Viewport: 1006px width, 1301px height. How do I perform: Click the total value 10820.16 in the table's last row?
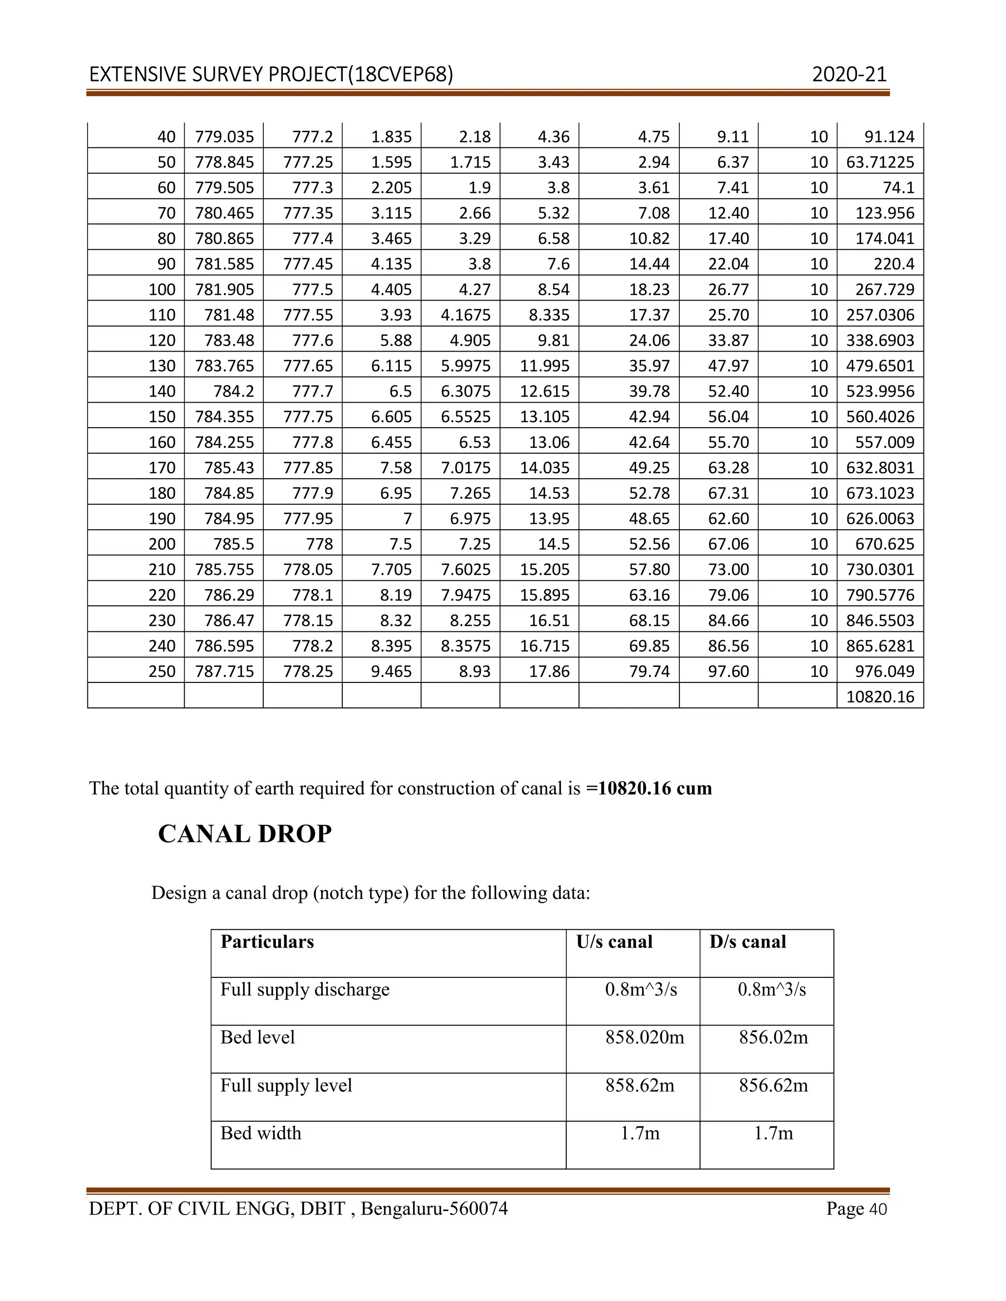[880, 696]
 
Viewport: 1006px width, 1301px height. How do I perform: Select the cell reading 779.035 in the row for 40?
[224, 137]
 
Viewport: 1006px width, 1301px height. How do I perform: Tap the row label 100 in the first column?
[162, 290]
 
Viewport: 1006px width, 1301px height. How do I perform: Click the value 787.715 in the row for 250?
[224, 671]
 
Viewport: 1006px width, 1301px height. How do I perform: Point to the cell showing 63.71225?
[880, 162]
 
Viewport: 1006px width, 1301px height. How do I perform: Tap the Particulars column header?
[267, 942]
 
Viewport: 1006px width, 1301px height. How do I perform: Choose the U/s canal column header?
[614, 942]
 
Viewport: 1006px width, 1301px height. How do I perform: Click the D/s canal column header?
[747, 942]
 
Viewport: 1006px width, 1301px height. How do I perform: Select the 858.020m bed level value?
[644, 1037]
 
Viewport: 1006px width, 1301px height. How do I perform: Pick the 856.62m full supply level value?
[773, 1085]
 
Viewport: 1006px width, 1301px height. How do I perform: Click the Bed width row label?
[260, 1133]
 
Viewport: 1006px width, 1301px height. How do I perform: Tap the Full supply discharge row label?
[305, 989]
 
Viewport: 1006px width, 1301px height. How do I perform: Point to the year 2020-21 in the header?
[849, 75]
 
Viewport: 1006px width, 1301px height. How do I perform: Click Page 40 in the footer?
[856, 1209]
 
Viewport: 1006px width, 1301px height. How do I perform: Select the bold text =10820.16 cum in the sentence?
[649, 788]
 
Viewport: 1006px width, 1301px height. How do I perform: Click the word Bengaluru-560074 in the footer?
[434, 1209]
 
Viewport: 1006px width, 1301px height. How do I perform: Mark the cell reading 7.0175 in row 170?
[466, 467]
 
